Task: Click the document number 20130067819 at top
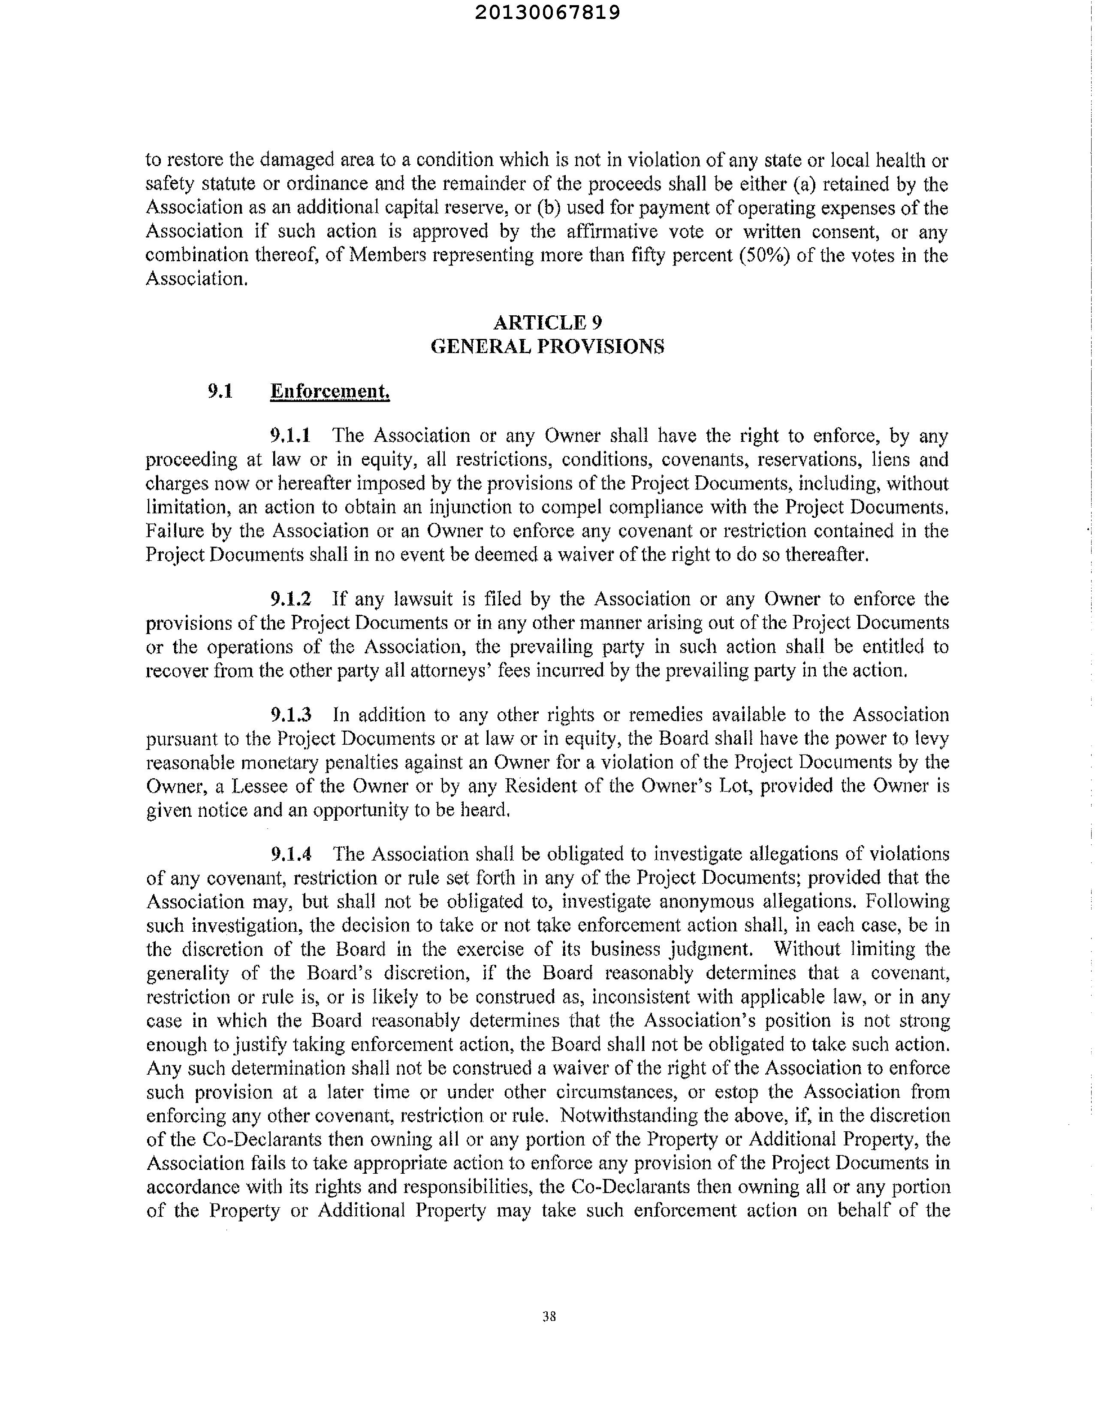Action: (548, 13)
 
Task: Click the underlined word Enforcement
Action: (329, 391)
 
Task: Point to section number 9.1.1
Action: (291, 436)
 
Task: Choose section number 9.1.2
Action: (291, 599)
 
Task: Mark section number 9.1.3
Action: (291, 715)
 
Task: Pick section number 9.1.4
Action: (291, 854)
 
